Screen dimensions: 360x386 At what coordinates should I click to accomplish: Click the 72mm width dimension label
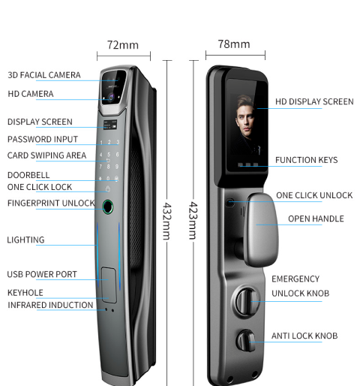point(123,45)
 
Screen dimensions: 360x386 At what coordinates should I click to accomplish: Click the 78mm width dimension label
point(234,44)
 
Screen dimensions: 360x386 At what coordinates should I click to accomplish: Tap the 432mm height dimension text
point(166,221)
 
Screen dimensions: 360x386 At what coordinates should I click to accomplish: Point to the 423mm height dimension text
point(193,221)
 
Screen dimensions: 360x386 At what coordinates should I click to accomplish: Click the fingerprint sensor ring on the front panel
point(108,207)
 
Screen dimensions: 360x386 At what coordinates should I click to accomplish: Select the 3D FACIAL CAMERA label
point(44,75)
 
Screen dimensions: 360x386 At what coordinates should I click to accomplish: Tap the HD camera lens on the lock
point(111,97)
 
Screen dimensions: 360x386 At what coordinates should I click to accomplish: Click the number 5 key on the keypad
point(109,155)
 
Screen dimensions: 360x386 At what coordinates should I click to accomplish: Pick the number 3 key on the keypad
point(118,142)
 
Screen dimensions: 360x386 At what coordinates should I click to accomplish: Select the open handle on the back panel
point(261,229)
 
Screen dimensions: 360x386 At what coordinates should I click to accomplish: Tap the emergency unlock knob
point(245,301)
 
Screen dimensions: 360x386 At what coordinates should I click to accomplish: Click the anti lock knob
point(246,341)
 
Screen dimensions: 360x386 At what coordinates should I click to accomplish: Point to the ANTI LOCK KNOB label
point(304,336)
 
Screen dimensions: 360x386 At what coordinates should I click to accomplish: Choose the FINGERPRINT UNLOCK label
point(51,203)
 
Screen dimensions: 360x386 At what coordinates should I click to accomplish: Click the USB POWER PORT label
point(42,274)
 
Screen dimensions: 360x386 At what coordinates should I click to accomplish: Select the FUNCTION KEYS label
point(307,160)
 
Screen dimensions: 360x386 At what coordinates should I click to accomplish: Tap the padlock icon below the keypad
point(108,188)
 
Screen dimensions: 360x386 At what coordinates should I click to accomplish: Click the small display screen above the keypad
point(110,125)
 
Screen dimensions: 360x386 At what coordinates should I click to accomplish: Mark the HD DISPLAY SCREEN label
point(314,101)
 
